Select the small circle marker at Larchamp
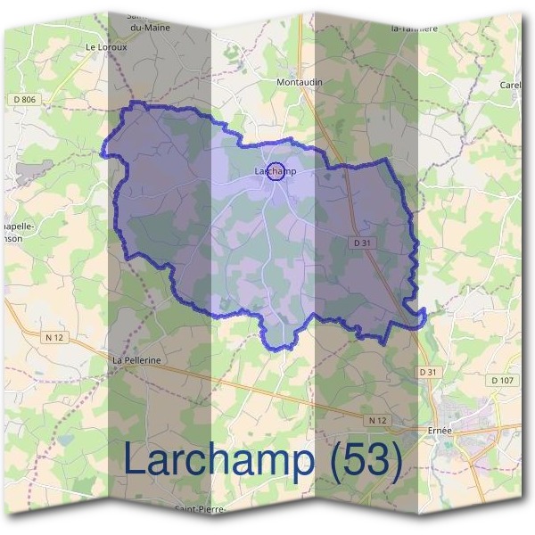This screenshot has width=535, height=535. [x=276, y=171]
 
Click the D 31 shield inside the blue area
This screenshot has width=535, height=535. [x=361, y=243]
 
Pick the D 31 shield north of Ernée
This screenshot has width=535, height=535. [x=429, y=371]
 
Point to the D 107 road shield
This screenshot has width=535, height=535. [x=503, y=380]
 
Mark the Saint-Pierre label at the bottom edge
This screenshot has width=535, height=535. [x=200, y=511]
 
